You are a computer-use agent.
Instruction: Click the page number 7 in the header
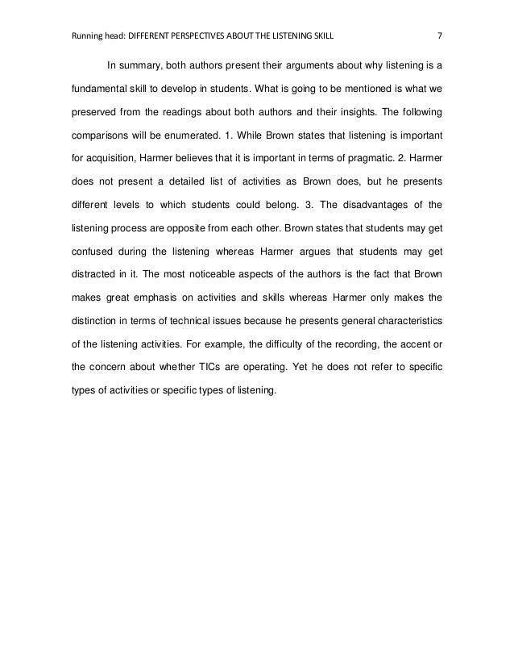tap(439, 36)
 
